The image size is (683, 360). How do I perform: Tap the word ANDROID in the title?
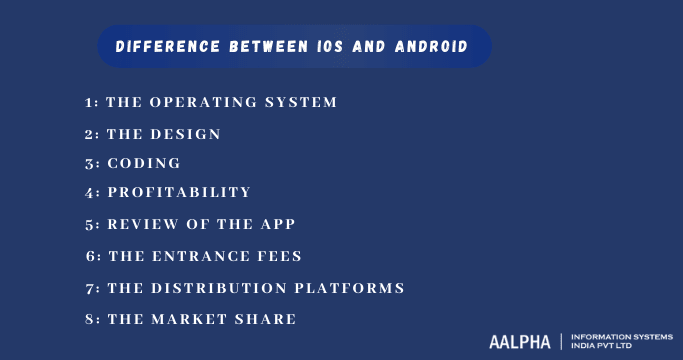[431, 47]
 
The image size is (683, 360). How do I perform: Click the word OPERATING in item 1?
[205, 102]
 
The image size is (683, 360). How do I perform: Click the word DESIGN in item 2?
[187, 134]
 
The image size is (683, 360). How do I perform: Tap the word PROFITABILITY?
[179, 192]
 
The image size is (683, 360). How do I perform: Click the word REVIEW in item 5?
[144, 224]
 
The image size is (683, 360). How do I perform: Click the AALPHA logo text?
[519, 341]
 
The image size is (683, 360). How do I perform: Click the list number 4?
[90, 192]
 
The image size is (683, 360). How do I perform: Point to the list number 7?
[90, 288]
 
